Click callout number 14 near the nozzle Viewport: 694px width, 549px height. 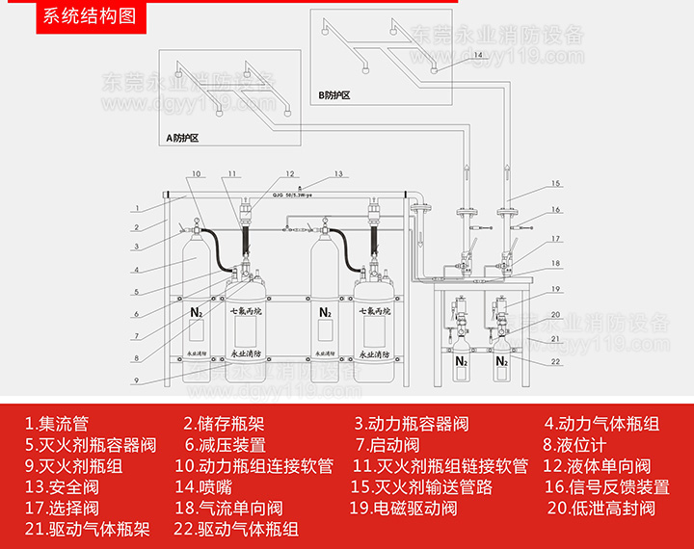pyautogui.click(x=479, y=55)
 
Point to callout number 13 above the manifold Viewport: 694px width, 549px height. pyautogui.click(x=338, y=174)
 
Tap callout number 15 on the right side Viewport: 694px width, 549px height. pyautogui.click(x=555, y=183)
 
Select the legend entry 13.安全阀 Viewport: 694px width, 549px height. pyautogui.click(x=68, y=487)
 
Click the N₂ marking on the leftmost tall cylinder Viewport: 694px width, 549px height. pyautogui.click(x=197, y=312)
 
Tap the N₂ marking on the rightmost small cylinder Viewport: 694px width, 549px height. pyautogui.click(x=502, y=362)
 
